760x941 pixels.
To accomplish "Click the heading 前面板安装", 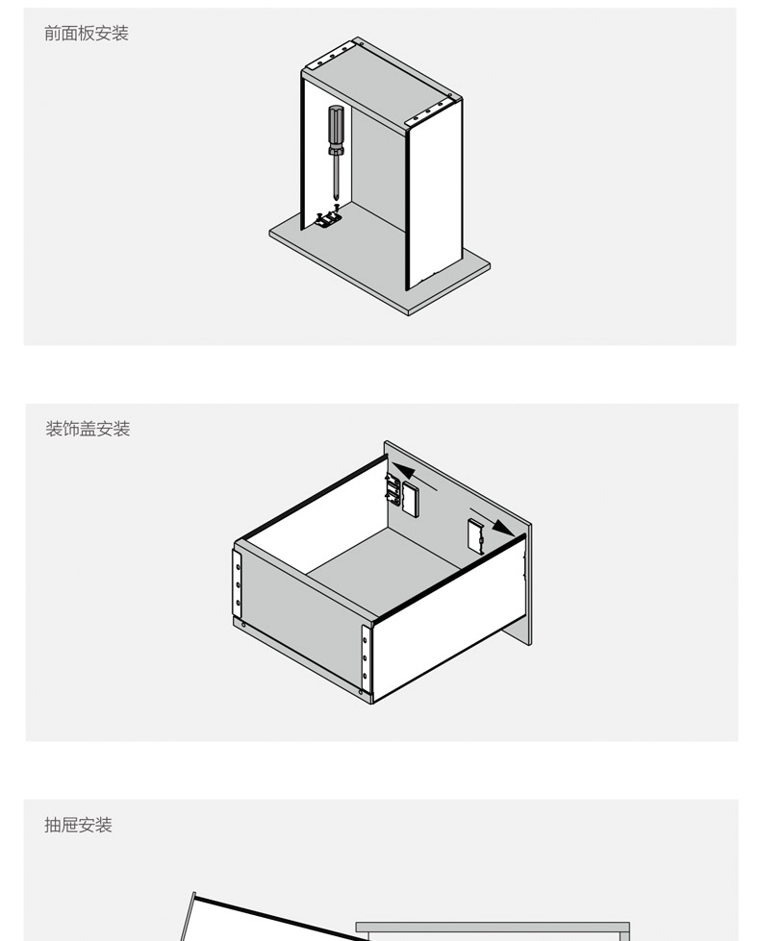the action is (x=87, y=33).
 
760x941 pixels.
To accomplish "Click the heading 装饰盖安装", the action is (x=88, y=429).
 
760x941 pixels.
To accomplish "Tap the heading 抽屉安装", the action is (x=78, y=825).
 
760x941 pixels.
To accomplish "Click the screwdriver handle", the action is (x=336, y=126).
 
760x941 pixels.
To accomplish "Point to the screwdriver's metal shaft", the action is (x=336, y=176).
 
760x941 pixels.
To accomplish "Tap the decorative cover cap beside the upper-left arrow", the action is (x=411, y=498).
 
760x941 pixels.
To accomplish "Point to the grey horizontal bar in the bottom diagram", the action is (x=493, y=928).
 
